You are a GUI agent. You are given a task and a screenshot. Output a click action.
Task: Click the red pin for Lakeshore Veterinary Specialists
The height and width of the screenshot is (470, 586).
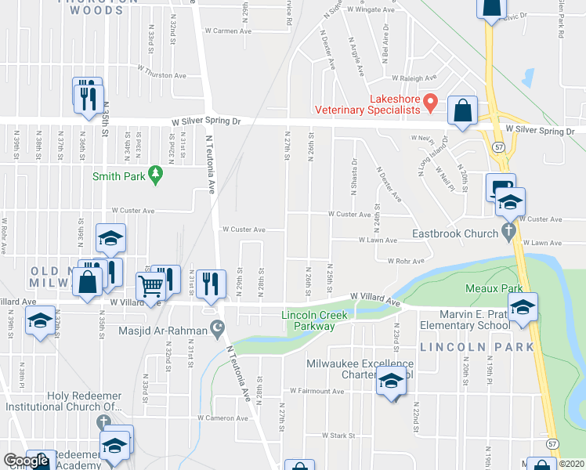pos(429,101)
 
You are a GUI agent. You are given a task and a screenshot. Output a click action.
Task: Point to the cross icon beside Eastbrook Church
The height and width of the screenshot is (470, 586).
pos(508,232)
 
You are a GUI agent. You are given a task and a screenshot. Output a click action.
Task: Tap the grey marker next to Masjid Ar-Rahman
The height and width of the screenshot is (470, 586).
pos(216,331)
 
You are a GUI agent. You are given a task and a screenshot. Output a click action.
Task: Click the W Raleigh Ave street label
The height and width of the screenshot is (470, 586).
pos(413,78)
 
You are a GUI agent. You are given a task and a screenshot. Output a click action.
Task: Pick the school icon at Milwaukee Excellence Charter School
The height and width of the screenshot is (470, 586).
pos(389,382)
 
